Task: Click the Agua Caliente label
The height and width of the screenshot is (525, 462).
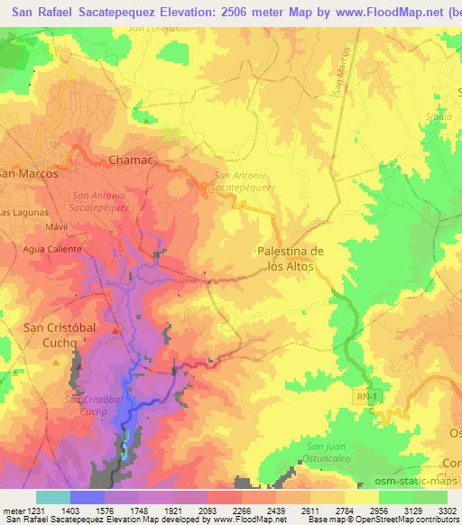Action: [53, 248]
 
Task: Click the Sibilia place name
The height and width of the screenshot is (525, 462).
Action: [435, 117]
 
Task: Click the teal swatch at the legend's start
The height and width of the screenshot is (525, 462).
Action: [52, 497]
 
